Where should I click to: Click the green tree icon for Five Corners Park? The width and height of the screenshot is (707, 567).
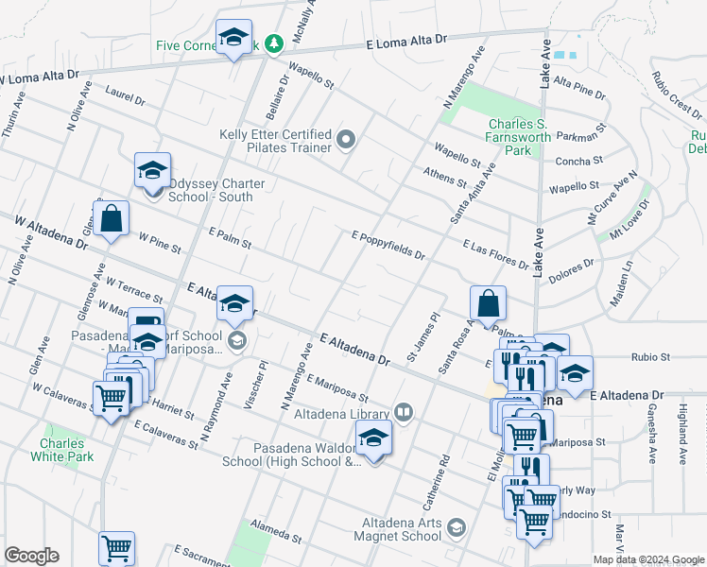(x=274, y=43)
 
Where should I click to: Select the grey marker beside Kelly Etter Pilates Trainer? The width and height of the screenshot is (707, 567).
(x=346, y=142)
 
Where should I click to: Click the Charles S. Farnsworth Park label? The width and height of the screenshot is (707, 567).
(x=520, y=136)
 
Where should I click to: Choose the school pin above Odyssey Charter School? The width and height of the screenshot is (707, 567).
(x=152, y=172)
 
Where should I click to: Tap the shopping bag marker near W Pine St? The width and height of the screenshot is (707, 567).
(x=112, y=218)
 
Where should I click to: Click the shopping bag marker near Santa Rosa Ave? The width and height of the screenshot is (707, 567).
(x=488, y=304)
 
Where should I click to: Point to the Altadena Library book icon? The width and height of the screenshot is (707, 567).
(x=404, y=412)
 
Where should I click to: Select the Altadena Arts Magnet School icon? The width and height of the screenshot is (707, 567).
(x=457, y=527)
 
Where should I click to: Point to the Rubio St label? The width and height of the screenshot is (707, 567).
(x=650, y=357)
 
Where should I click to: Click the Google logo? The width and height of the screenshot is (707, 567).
(x=31, y=556)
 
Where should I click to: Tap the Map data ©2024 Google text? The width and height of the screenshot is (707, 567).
(x=647, y=558)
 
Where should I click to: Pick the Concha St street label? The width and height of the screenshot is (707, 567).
(x=574, y=162)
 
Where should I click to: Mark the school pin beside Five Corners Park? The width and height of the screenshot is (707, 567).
(x=233, y=39)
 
